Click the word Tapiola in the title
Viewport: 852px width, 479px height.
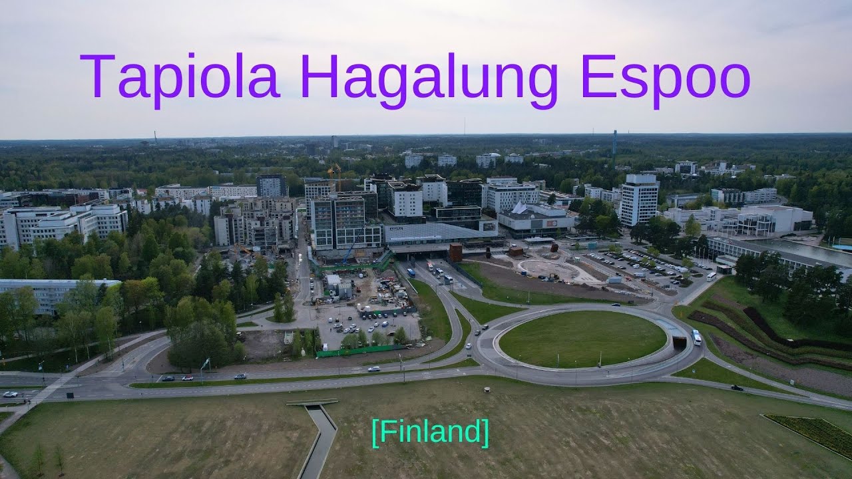click(180, 77)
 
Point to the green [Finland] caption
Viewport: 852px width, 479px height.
click(430, 432)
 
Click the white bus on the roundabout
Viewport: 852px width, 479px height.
click(696, 337)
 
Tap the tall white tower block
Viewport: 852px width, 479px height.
click(638, 199)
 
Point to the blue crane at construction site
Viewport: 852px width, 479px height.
click(352, 246)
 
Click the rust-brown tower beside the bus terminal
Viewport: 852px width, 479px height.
click(455, 251)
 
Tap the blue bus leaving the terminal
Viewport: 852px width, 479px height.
click(411, 272)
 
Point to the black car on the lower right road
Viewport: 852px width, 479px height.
click(736, 387)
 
